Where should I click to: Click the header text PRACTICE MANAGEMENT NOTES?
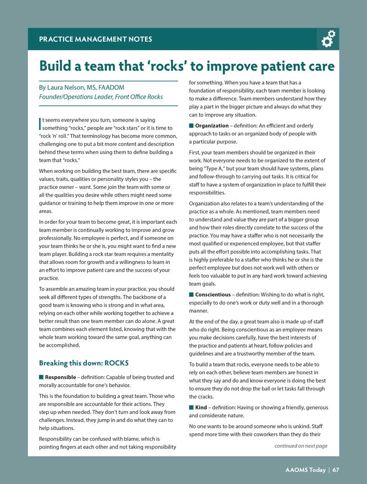point(95,39)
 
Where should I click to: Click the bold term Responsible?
point(63,377)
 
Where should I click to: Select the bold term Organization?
point(211,126)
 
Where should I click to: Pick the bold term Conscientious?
point(212,295)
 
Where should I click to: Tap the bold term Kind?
point(201,407)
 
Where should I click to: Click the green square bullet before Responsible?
point(41,377)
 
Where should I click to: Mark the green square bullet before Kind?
point(191,407)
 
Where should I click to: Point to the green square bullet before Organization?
point(191,126)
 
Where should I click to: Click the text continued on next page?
point(301,446)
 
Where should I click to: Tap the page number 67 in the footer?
point(336,469)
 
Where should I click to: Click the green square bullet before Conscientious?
point(191,295)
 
